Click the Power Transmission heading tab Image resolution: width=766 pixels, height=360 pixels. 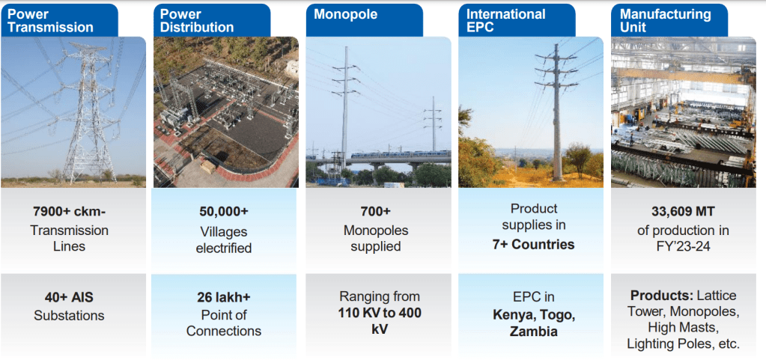pyautogui.click(x=59, y=20)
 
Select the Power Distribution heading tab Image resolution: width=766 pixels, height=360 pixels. pyautogui.click(x=211, y=20)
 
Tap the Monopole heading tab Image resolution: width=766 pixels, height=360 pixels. pyautogui.click(x=365, y=20)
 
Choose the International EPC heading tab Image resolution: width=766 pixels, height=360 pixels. pyautogui.click(x=517, y=20)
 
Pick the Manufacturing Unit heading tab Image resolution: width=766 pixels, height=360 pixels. pyautogui.click(x=669, y=20)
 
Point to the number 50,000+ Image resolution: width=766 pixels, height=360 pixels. pyautogui.click(x=224, y=212)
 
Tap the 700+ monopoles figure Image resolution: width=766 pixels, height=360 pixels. pyautogui.click(x=376, y=212)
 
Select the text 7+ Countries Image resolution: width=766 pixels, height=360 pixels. pyautogui.click(x=533, y=244)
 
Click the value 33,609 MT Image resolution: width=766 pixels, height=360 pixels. pyautogui.click(x=683, y=212)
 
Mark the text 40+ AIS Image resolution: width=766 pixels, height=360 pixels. pyautogui.click(x=69, y=297)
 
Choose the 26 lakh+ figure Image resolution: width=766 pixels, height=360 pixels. pyautogui.click(x=224, y=297)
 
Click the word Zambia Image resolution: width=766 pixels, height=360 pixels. pyautogui.click(x=533, y=332)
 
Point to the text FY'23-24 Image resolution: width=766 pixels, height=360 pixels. pyautogui.click(x=683, y=247)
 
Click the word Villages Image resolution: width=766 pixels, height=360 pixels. pyautogui.click(x=224, y=231)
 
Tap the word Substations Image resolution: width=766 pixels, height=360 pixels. pyautogui.click(x=69, y=316)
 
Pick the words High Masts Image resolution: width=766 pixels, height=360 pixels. pyautogui.click(x=683, y=327)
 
